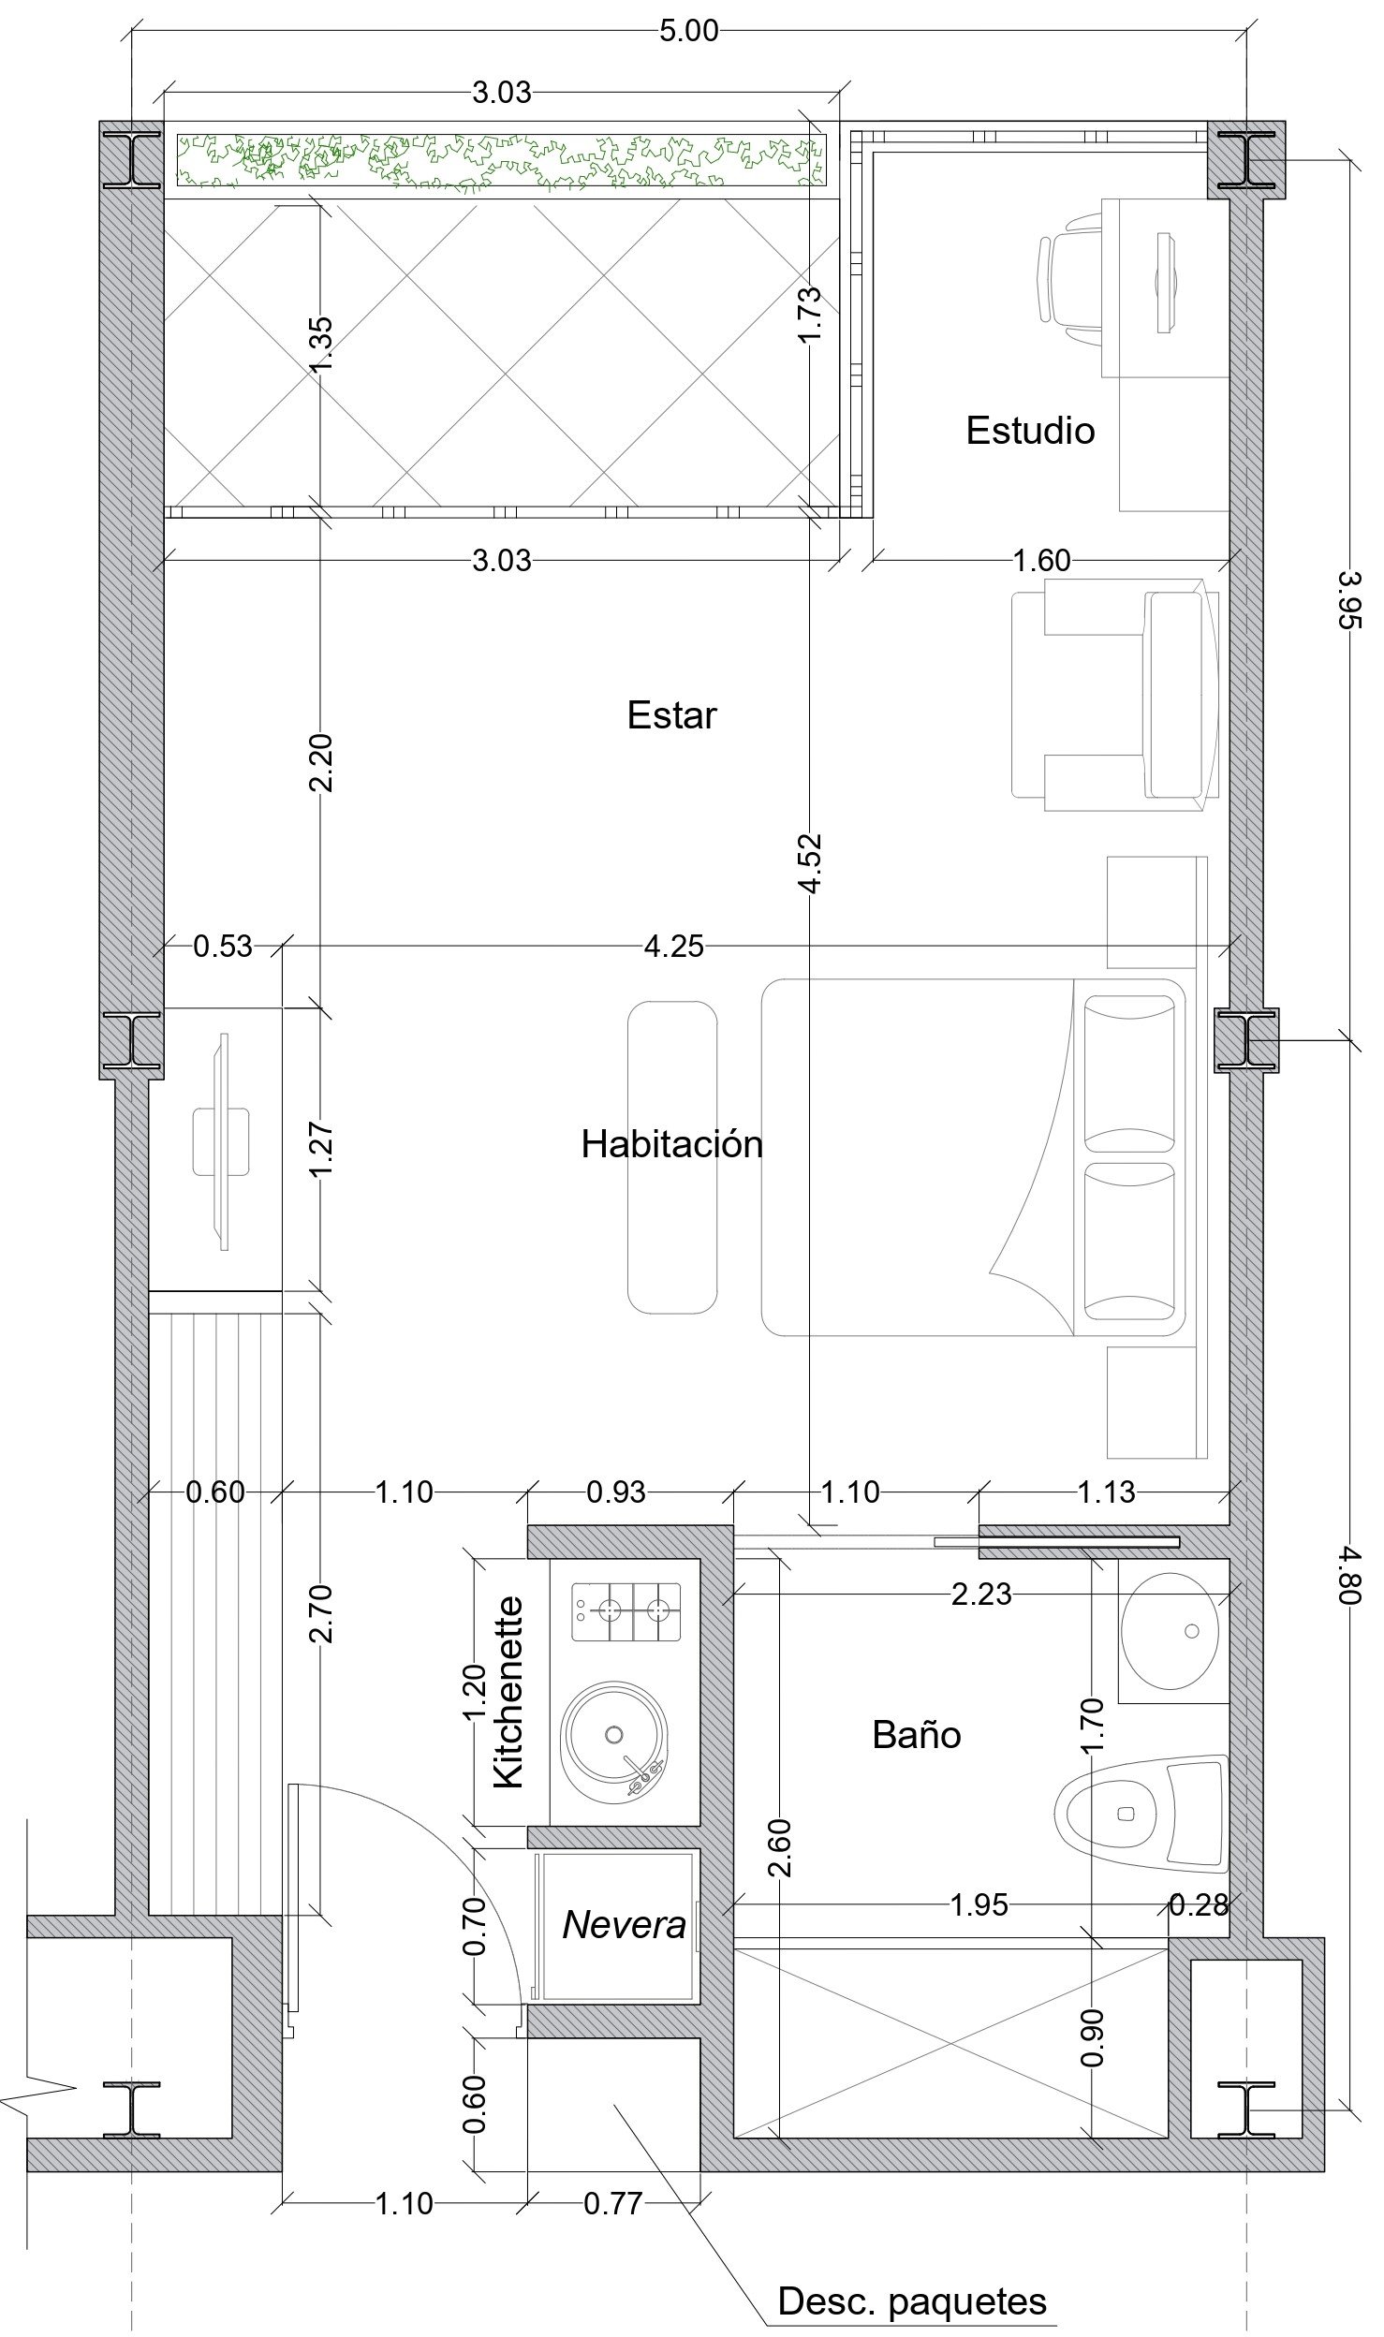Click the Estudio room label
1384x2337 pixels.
(1030, 431)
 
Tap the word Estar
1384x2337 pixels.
(671, 715)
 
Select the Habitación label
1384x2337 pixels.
(671, 1144)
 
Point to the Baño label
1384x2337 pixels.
(917, 1735)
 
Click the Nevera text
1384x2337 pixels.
(624, 1925)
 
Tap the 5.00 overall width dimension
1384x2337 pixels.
(688, 31)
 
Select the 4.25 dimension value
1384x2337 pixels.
(673, 947)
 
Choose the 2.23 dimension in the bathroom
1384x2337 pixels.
(981, 1594)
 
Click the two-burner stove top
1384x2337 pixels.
(626, 1611)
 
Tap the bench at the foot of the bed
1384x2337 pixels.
(672, 1157)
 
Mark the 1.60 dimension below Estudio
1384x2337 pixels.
(1041, 560)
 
